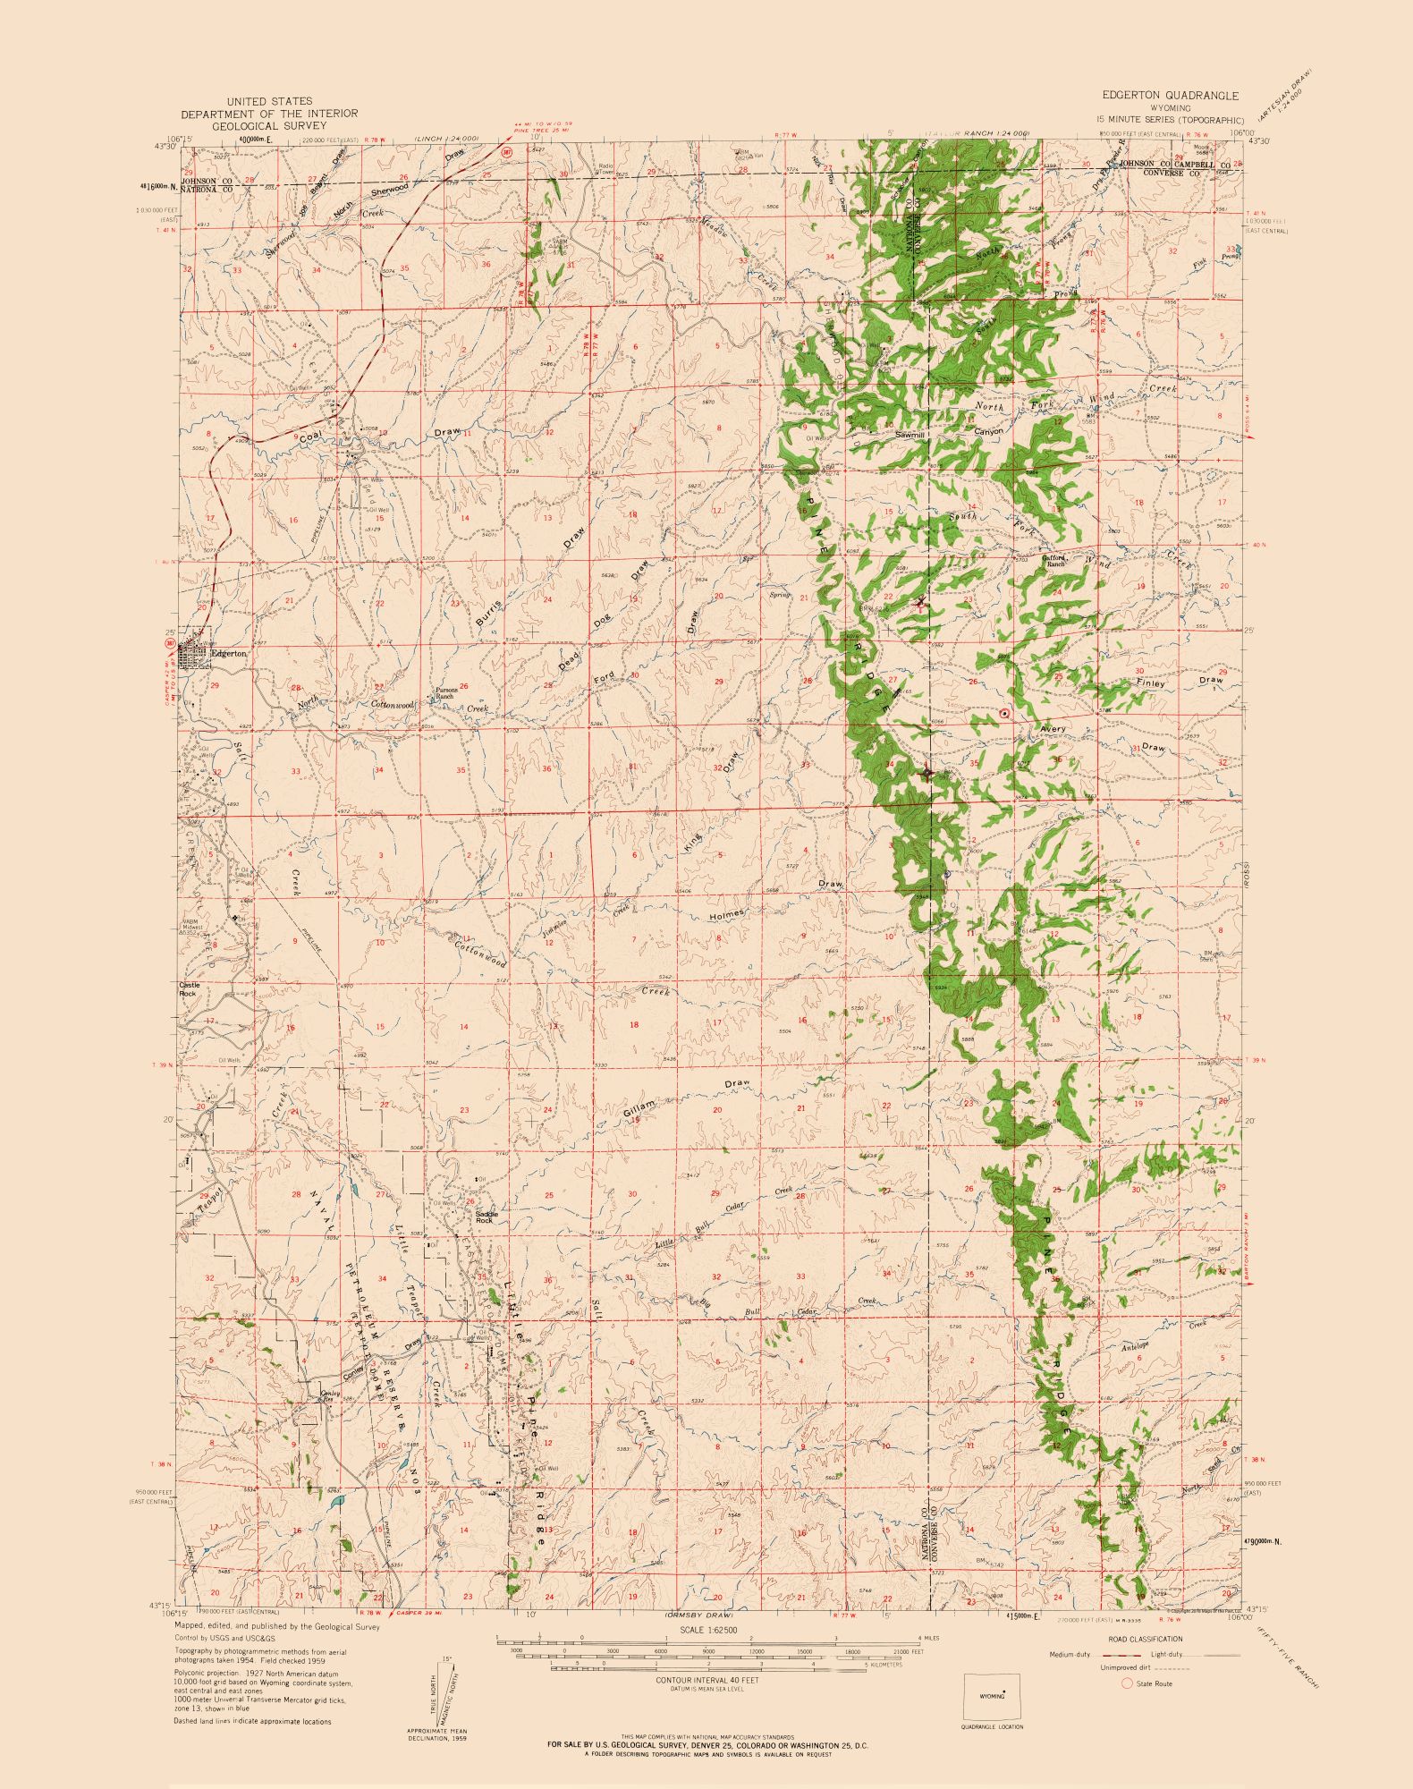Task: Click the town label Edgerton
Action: pos(229,653)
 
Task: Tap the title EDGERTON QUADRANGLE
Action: pos(1170,95)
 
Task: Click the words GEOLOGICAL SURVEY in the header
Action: pos(269,126)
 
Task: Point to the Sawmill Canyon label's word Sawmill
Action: pos(910,435)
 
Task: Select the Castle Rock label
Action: pos(189,988)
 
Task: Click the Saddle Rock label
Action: pos(484,1217)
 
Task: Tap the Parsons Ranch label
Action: pos(446,693)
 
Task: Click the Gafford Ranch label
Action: pos(1055,561)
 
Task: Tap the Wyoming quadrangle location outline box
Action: pos(992,1695)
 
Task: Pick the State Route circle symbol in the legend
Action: pos(1127,1683)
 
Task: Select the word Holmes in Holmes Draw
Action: pos(726,915)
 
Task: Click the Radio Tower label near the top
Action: pos(605,169)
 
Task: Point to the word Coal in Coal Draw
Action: pos(309,437)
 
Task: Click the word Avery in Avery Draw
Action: pos(1053,729)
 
